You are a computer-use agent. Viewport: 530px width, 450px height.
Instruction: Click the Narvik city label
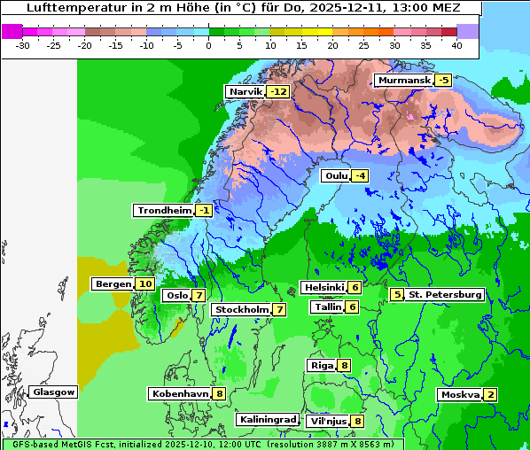(246, 91)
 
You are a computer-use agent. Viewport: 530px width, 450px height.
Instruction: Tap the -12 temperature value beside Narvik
(279, 91)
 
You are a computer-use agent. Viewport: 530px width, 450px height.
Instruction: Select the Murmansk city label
(403, 81)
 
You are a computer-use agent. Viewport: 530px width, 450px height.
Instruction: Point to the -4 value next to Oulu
(359, 175)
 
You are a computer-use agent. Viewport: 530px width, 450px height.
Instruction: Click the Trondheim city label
(163, 210)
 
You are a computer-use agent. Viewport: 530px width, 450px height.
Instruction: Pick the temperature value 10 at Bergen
(145, 283)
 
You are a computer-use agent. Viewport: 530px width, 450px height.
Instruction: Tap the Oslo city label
(177, 295)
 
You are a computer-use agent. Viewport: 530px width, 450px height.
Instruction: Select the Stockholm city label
(241, 309)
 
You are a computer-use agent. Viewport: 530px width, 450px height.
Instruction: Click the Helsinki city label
(323, 287)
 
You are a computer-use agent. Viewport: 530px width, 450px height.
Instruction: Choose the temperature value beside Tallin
(352, 306)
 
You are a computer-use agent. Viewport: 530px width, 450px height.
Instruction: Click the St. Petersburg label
(445, 294)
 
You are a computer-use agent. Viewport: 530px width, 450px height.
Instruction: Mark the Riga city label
(321, 365)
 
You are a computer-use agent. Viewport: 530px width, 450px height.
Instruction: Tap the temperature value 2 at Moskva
(491, 394)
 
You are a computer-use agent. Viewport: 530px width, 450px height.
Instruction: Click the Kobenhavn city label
(180, 393)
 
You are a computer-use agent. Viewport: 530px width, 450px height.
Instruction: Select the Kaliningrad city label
(267, 419)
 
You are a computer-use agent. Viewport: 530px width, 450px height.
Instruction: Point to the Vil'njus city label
(326, 421)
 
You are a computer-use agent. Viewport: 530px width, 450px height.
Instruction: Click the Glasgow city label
(53, 392)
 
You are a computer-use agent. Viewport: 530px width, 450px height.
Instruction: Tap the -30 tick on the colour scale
(22, 44)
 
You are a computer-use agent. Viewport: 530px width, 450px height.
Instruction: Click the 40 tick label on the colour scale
(456, 44)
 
